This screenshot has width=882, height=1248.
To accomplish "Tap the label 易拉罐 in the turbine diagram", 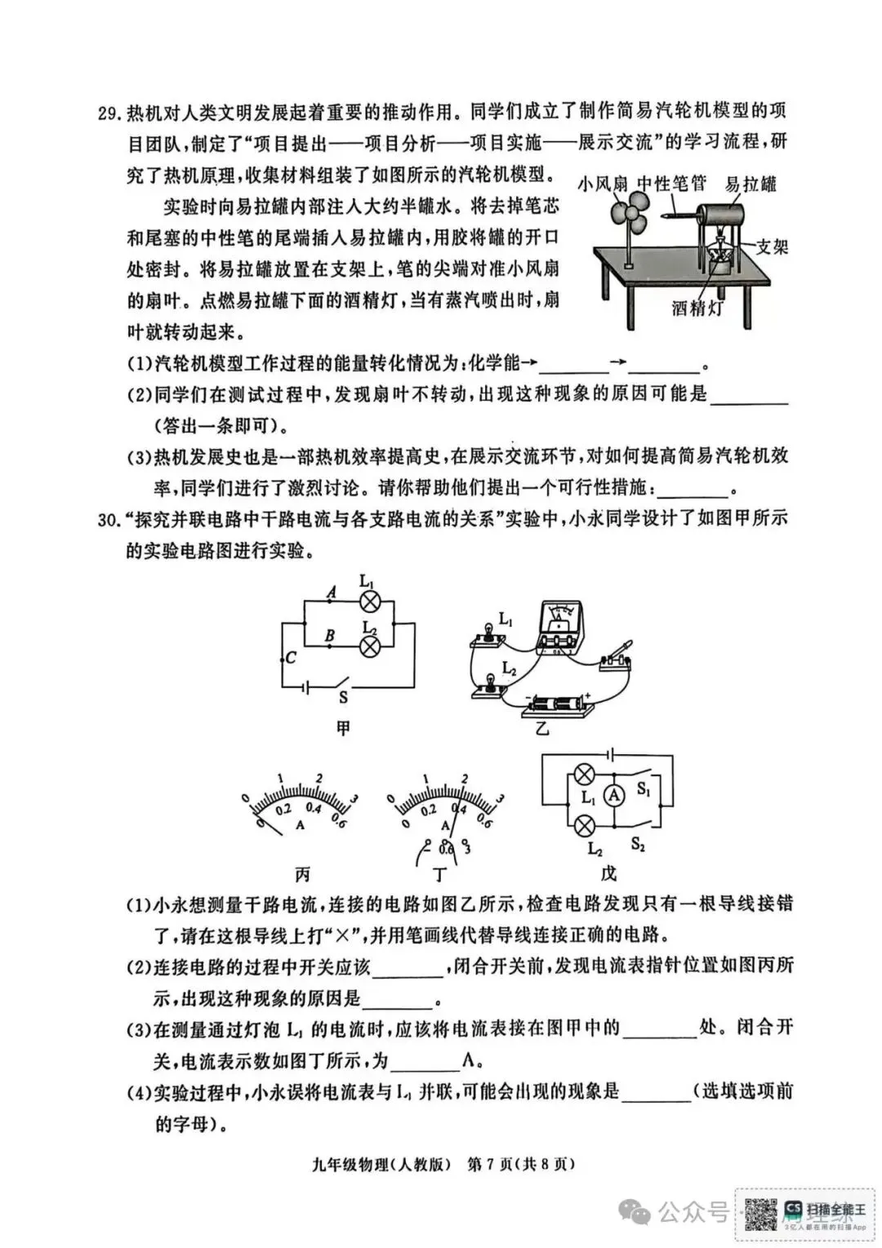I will click(x=751, y=184).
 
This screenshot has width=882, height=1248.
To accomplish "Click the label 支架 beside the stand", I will click(x=771, y=246).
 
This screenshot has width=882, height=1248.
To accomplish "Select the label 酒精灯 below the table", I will click(x=697, y=309).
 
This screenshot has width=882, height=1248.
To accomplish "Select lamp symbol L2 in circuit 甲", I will click(x=370, y=646).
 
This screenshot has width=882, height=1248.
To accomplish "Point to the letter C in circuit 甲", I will click(x=292, y=657).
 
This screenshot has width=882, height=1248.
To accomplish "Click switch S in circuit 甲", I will click(x=344, y=684).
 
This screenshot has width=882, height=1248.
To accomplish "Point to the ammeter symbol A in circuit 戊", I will click(x=613, y=796).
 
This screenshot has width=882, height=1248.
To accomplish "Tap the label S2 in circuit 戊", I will click(x=638, y=846).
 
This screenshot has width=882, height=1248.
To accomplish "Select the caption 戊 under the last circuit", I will click(x=608, y=874).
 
